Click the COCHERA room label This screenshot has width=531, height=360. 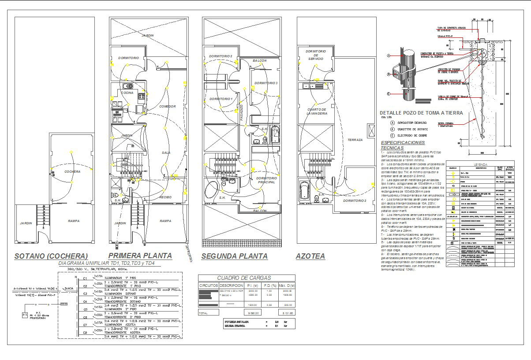pyautogui.click(x=72, y=171)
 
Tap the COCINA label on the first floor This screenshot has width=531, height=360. pyautogui.click(x=127, y=93)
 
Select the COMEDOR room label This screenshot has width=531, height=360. pyautogui.click(x=168, y=106)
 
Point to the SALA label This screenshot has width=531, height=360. pyautogui.click(x=166, y=152)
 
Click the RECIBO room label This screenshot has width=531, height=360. pyautogui.click(x=165, y=197)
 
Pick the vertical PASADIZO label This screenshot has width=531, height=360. pyautogui.click(x=242, y=113)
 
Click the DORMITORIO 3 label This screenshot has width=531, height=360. pyautogui.click(x=265, y=83)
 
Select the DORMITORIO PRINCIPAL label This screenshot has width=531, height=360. pyautogui.click(x=265, y=180)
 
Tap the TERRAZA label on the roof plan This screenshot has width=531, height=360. pyautogui.click(x=355, y=140)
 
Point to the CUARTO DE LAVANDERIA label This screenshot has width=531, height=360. pyautogui.click(x=317, y=111)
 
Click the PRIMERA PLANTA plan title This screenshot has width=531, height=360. pyautogui.click(x=140, y=256)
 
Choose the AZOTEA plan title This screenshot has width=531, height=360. pyautogui.click(x=310, y=256)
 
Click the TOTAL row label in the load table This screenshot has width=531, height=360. pyautogui.click(x=203, y=313)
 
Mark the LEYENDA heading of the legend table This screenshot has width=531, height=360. pyautogui.click(x=480, y=164)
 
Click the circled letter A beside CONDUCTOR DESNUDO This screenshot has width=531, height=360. pyautogui.click(x=392, y=122)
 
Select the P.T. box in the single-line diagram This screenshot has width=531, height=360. pyautogui.click(x=24, y=315)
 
